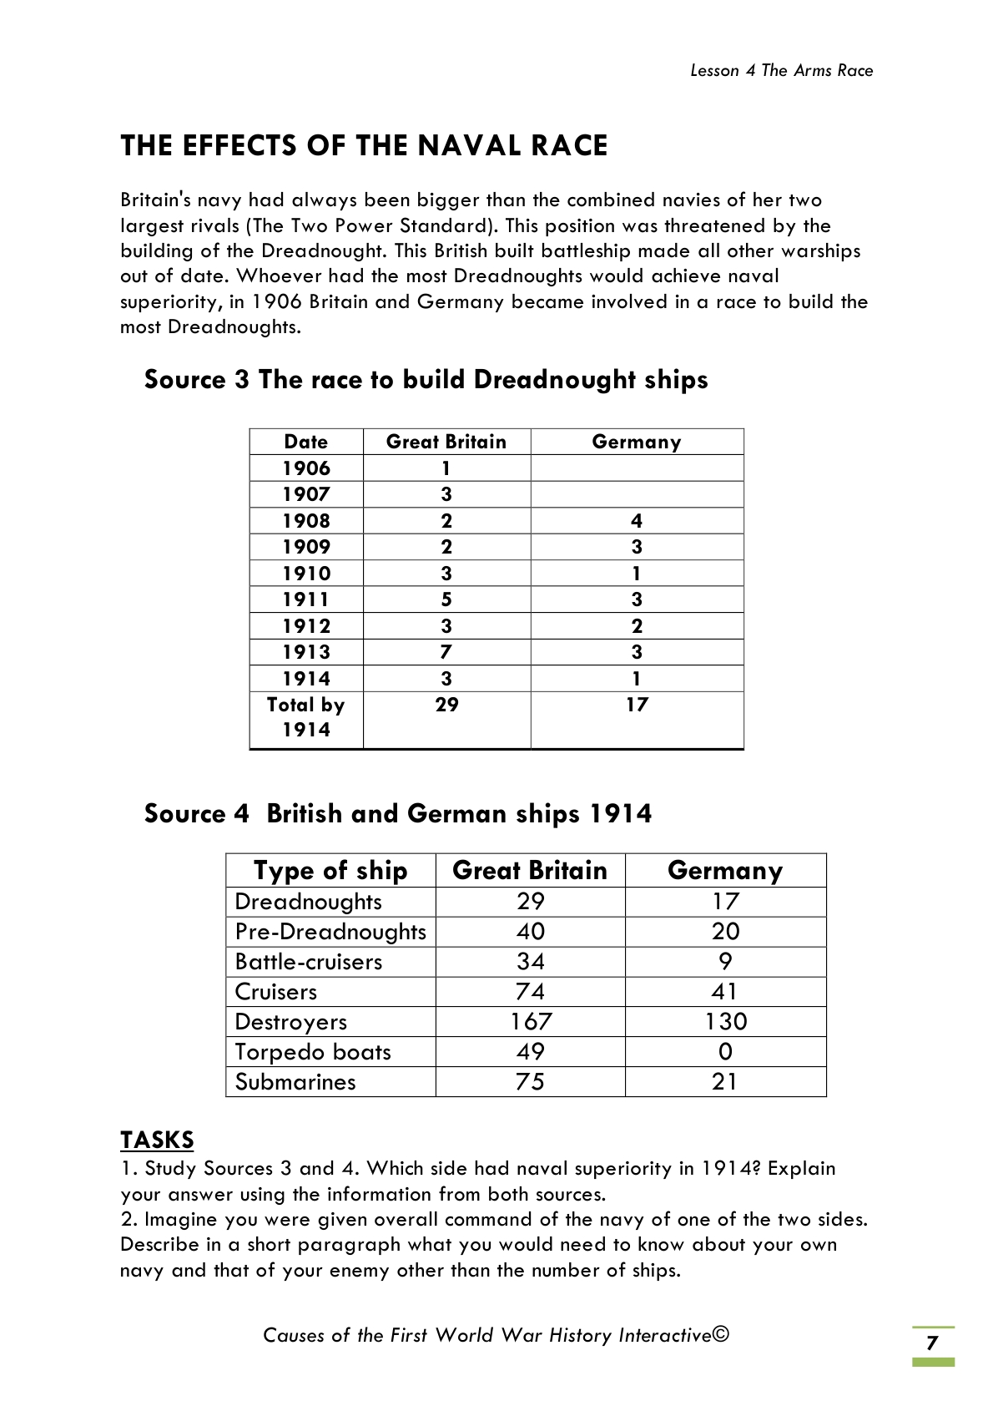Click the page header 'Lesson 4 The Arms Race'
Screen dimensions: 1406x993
781,71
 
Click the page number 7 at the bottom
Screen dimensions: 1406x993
932,1343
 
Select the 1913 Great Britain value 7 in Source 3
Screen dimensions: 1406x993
446,652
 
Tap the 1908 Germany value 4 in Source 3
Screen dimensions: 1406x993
637,521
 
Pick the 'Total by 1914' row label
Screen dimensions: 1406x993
306,717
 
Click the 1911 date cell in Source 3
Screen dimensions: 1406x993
306,599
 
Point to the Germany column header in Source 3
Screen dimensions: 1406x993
637,442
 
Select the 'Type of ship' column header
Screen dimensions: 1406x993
330,870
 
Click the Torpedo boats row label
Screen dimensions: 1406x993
313,1052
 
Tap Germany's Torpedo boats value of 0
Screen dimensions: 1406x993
725,1052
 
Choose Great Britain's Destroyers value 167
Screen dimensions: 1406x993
531,1022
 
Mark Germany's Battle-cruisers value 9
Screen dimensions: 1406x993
725,962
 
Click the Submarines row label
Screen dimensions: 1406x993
295,1082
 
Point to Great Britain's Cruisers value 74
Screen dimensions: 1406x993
531,992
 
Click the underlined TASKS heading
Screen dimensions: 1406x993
157,1140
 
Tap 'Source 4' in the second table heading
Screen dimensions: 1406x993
196,814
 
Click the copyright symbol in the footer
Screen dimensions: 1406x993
722,1334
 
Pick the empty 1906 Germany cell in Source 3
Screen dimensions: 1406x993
637,468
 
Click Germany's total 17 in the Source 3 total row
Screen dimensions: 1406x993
637,706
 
